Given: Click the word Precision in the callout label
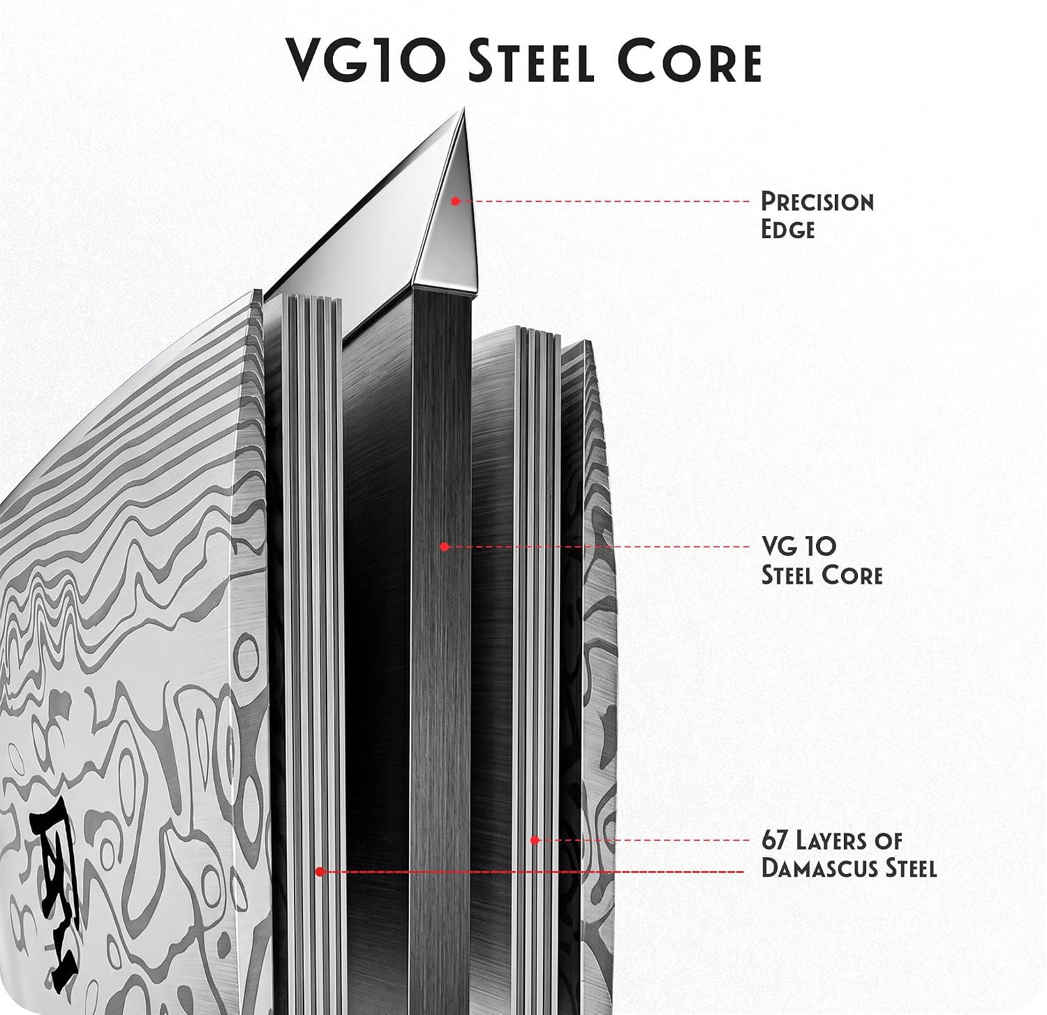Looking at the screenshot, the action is (x=817, y=202).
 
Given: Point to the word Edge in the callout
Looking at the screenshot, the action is (x=787, y=230).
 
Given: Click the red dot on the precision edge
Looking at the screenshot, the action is (x=454, y=201).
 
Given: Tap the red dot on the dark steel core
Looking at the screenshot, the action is (x=444, y=547).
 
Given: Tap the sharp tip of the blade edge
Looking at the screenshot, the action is (x=464, y=108).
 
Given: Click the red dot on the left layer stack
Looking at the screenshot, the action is (x=319, y=871).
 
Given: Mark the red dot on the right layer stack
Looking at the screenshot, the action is (x=535, y=840).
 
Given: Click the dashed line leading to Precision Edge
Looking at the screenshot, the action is (x=604, y=201).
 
